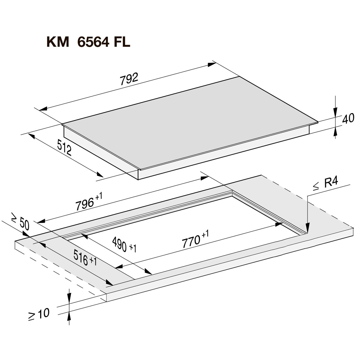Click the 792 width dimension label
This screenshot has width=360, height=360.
coord(129,79)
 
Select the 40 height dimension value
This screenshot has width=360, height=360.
coord(348,119)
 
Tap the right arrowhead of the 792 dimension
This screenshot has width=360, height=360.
coord(212,65)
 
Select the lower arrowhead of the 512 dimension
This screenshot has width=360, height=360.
coord(100,174)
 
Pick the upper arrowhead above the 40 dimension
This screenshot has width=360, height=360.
coord(336,112)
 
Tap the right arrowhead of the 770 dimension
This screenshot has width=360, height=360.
coord(279,224)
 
